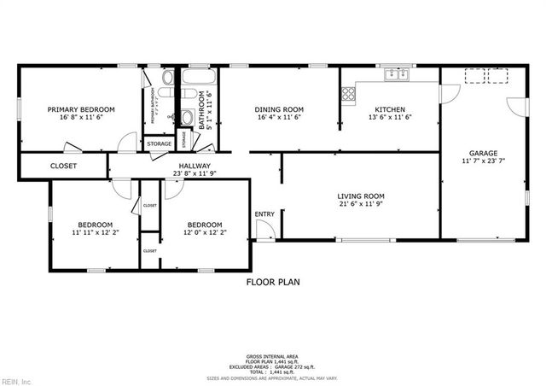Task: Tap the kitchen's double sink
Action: coord(395,75)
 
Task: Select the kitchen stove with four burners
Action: coord(347,95)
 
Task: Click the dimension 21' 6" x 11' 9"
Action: coord(363,205)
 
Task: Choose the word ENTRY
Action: coord(265,214)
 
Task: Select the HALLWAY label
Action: coord(195,167)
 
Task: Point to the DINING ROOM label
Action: coord(279,109)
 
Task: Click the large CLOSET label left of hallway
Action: coord(63,167)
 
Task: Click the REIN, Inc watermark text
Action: coord(16,380)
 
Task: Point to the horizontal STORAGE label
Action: coord(159,144)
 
